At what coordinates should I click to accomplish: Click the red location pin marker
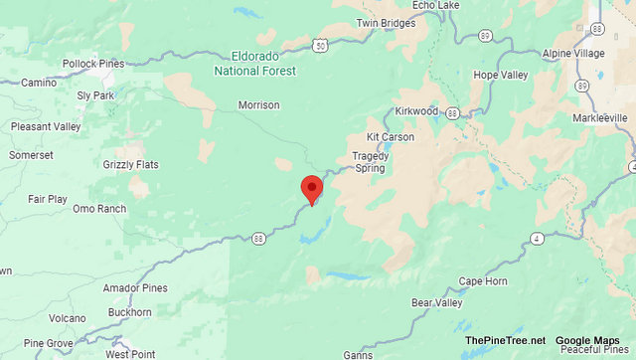point(312,188)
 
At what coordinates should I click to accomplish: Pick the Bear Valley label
point(435,302)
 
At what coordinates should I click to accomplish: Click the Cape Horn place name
point(483,281)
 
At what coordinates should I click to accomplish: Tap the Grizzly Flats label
point(129,164)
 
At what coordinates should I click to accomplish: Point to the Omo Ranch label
point(99,209)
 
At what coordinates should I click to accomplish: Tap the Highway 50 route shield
point(319,46)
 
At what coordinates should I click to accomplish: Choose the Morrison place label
point(258,105)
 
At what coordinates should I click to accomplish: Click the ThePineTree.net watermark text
point(504,341)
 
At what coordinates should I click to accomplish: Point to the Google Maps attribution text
point(586,341)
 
